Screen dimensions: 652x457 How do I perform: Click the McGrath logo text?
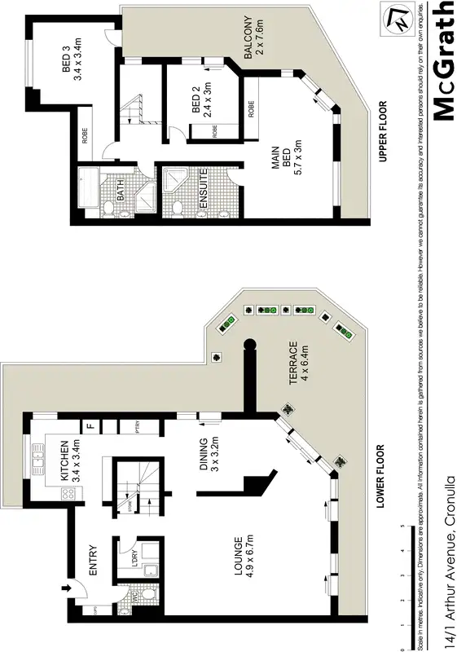click(442, 61)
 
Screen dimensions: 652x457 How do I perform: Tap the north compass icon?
click(398, 20)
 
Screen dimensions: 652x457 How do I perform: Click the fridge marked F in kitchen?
click(90, 425)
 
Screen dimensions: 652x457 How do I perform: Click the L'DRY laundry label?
click(125, 562)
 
